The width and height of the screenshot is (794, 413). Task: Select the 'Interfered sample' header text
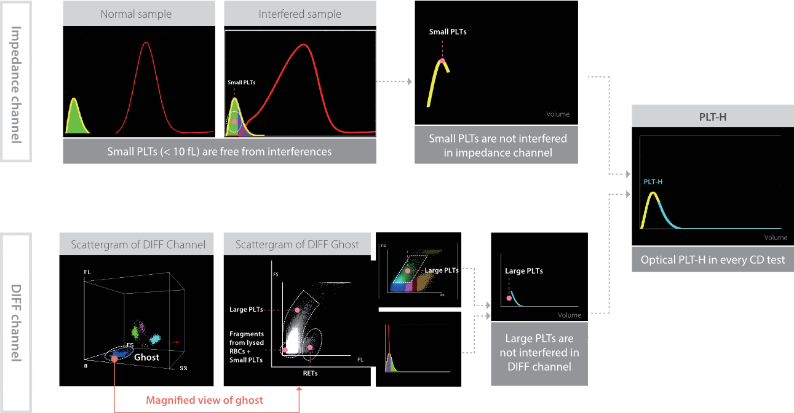point(300,14)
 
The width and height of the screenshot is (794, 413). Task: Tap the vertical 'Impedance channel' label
point(16,85)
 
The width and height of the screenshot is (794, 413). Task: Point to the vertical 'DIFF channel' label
point(16,323)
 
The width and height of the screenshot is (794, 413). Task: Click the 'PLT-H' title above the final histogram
point(712,117)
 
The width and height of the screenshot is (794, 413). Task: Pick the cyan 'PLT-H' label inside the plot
point(653,182)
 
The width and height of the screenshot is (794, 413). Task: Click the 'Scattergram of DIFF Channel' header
point(138,245)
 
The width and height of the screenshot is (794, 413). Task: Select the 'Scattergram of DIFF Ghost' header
point(297,245)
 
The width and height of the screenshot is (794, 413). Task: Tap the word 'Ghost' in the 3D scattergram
point(146,357)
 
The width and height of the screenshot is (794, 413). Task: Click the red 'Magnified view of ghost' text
point(205,400)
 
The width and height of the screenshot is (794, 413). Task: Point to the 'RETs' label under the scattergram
point(310,373)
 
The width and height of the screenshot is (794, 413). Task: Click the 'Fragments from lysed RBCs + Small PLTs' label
point(247,347)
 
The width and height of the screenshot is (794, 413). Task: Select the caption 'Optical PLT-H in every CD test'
point(712,259)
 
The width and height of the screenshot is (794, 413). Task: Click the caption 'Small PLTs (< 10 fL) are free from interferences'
point(220,152)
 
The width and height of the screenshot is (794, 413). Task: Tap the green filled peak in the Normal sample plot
point(76,119)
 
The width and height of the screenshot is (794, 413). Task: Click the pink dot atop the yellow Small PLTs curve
point(442,61)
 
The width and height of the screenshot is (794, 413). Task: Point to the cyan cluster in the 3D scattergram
point(155,339)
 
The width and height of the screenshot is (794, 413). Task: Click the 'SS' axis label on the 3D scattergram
point(183,368)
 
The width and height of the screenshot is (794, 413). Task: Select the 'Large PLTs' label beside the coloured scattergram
point(442,270)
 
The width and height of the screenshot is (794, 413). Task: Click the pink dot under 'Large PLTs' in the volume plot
point(509,298)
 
